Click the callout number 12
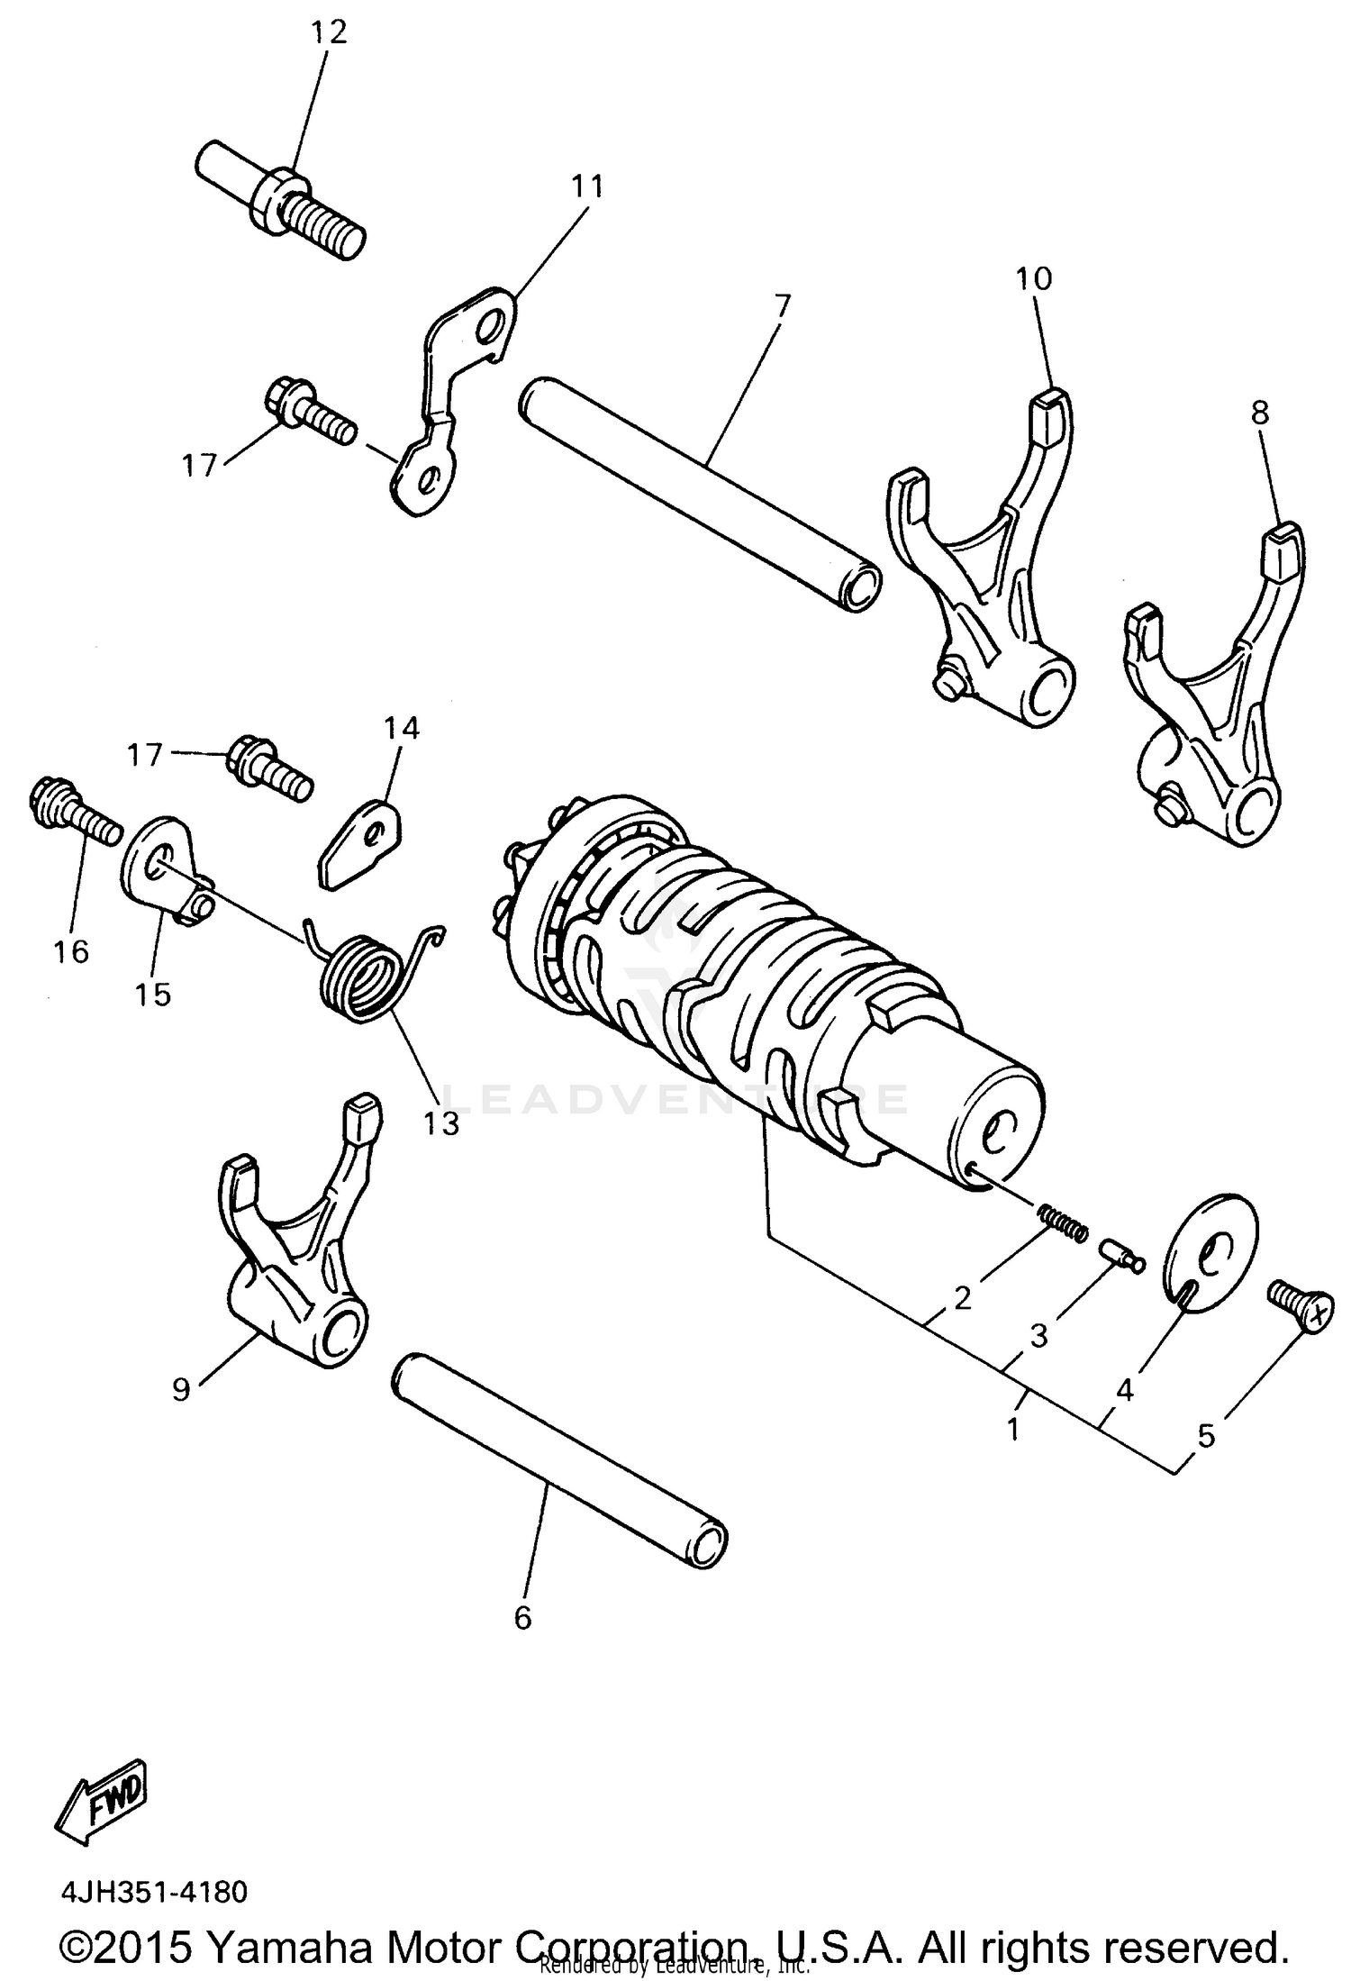329,32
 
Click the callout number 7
782,306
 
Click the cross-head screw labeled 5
1297,1306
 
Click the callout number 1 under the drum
1013,1428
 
